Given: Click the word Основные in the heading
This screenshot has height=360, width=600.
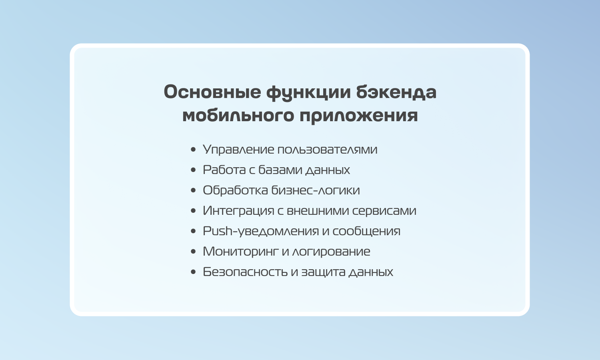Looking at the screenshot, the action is [212, 92].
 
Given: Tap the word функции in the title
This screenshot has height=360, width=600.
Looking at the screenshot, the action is [308, 93].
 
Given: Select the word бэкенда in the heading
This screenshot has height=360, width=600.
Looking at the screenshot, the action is [396, 92].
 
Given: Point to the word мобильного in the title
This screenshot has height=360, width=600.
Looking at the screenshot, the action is [238, 116].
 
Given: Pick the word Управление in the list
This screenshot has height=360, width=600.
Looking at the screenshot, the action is [238, 150].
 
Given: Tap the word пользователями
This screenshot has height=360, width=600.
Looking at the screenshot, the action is [327, 150].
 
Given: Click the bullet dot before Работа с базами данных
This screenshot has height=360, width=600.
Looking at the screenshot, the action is [193, 170].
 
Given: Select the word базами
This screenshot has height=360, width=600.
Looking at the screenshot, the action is [280, 170].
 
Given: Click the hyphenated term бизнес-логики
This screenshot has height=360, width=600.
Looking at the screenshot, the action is [316, 190].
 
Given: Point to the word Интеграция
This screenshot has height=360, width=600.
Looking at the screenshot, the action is [238, 211].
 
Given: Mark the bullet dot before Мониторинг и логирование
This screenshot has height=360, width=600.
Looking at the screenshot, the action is [193, 252].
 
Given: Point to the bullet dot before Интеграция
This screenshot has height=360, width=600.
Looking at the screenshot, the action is [193, 211].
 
